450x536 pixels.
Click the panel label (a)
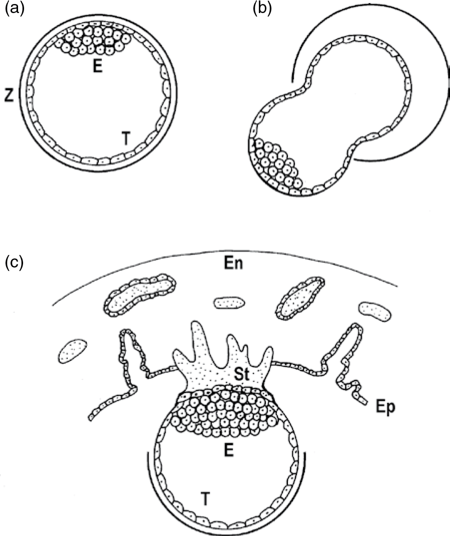[x=15, y=9]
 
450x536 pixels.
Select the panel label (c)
[x=15, y=263]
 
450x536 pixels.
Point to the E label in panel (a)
[x=98, y=67]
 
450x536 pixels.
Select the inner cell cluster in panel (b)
[x=275, y=162]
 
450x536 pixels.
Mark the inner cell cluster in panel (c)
[x=223, y=412]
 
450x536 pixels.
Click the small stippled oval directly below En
[x=230, y=303]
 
